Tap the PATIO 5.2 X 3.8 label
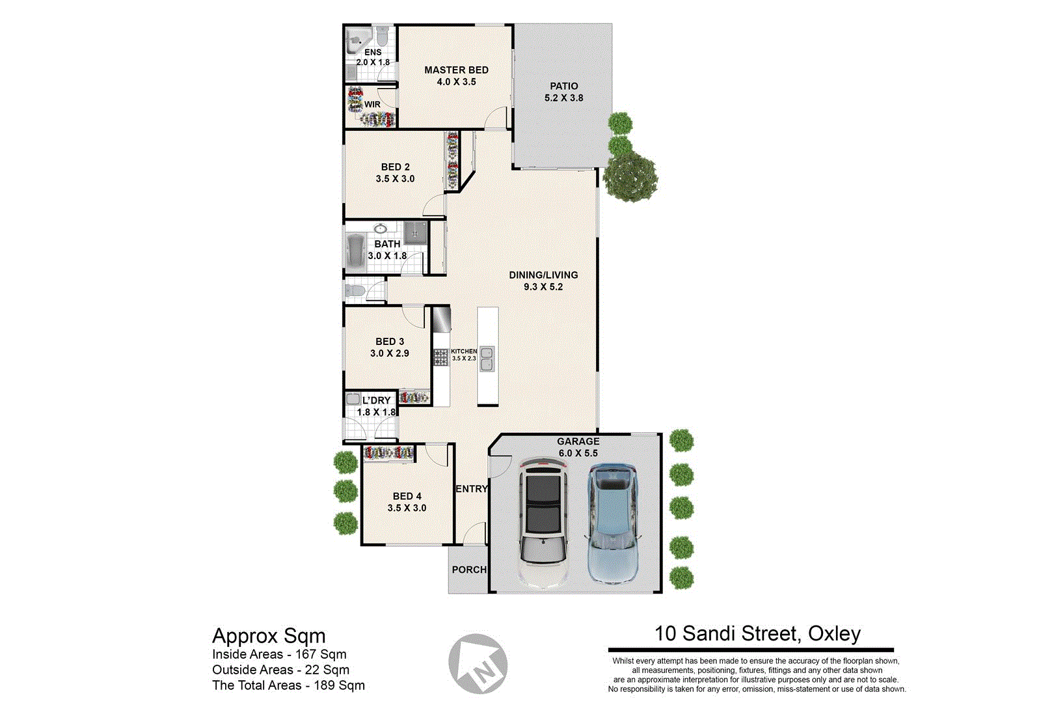coord(563,92)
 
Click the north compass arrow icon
coord(478,664)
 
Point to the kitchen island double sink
coord(487,359)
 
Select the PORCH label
coord(469,570)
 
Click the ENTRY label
coord(471,489)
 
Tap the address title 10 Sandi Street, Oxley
coord(757,633)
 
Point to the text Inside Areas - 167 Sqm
coord(279,654)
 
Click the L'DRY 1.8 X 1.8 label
coord(376,406)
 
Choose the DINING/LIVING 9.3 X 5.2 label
coord(543,281)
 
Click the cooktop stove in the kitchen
coord(441,357)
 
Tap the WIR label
coord(372,104)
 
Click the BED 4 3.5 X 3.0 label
coord(407,502)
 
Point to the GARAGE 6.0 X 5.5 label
coord(578,447)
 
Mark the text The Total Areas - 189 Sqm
coord(288,685)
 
